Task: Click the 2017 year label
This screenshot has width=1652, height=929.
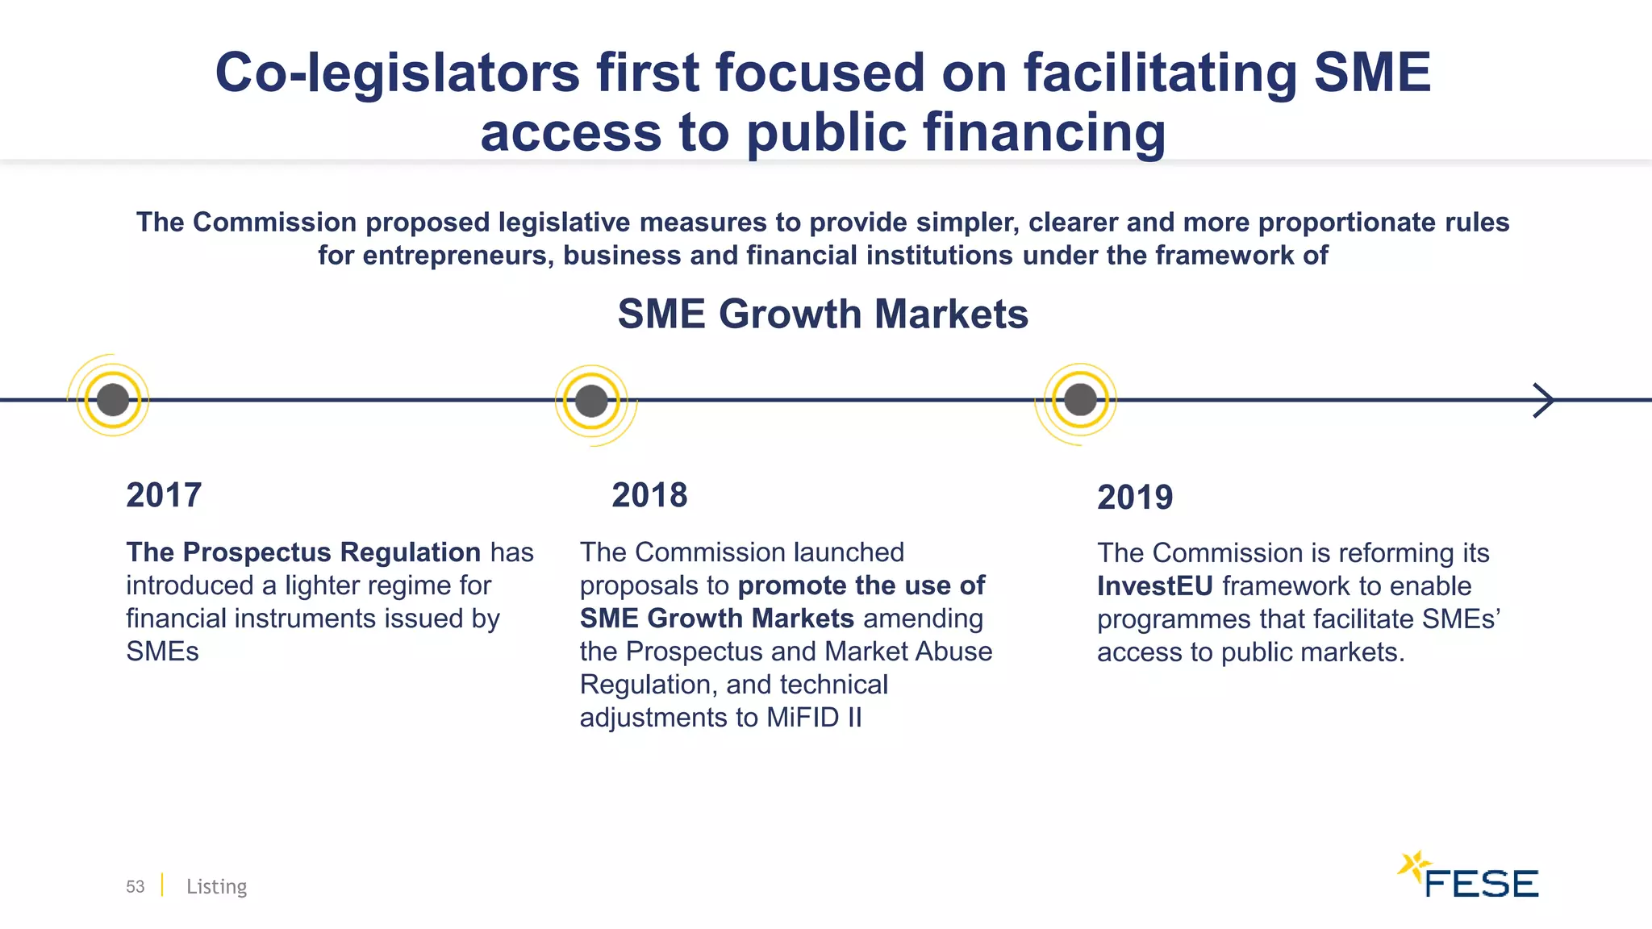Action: (164, 495)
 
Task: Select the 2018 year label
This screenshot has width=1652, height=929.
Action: (649, 495)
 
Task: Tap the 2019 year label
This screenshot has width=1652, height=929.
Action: (1135, 498)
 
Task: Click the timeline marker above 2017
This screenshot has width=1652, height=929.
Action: (113, 400)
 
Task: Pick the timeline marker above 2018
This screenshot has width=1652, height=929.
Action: (591, 401)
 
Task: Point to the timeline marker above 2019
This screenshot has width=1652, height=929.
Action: (1080, 400)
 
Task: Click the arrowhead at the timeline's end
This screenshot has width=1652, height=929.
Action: (1544, 400)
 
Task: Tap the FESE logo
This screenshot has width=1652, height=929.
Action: (1468, 877)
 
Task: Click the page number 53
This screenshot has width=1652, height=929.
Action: (135, 887)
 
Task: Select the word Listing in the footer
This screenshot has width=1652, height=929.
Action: (216, 887)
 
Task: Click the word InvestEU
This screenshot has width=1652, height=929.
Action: (1154, 586)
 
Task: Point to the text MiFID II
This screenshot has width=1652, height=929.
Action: (814, 718)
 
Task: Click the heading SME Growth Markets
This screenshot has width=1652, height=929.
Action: (823, 314)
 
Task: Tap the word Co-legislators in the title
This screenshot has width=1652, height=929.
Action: (397, 73)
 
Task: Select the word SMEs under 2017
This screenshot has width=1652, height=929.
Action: (162, 652)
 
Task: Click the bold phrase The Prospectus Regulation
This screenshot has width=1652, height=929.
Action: (303, 552)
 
